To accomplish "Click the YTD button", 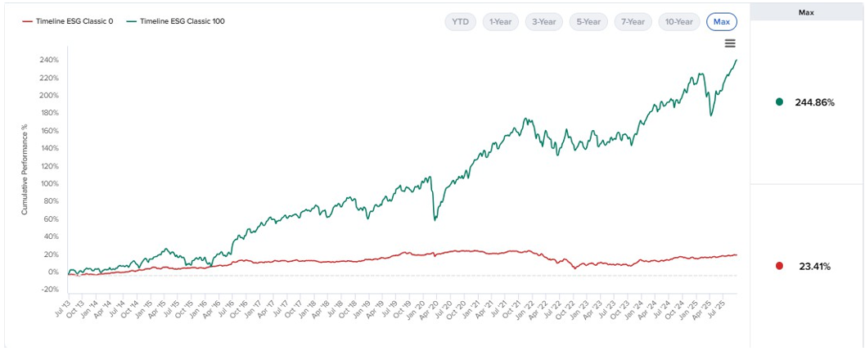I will tap(461, 22).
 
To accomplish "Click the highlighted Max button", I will tap(722, 22).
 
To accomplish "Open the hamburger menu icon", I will tap(731, 43).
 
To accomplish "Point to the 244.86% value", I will tap(814, 102).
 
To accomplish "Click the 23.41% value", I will tap(814, 266).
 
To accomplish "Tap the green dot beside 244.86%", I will tap(779, 102).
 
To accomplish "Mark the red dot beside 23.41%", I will tap(779, 266).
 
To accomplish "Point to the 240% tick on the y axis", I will tap(48, 61).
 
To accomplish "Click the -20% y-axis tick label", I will tap(49, 290).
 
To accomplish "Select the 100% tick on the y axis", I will tap(48, 184).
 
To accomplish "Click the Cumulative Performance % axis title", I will tap(25, 169).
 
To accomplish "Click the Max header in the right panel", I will tap(807, 12).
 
